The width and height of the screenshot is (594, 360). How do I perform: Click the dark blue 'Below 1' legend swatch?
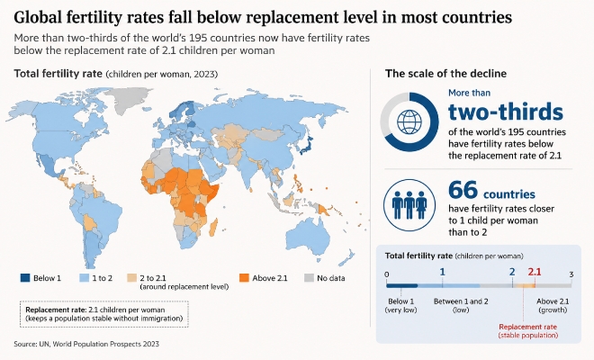pos(24,278)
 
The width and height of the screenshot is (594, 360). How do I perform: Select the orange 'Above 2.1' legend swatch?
pos(244,278)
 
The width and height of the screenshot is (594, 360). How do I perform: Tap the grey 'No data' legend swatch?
pos(309,278)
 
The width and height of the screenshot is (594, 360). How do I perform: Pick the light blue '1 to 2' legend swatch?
pos(84,278)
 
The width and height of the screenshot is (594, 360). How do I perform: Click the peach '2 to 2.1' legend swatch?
pos(131,278)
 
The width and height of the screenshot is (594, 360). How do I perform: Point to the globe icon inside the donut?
pos(409,122)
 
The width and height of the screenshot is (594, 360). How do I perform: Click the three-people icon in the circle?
pos(409,204)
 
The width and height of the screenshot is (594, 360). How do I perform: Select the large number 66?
pos(463,190)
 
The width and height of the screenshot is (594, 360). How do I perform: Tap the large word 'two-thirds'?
pos(506,112)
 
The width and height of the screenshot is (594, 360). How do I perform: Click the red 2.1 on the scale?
pos(535,272)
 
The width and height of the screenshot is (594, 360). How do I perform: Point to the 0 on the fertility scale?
pos(386,274)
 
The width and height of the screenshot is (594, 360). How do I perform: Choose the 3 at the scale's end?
pos(571,274)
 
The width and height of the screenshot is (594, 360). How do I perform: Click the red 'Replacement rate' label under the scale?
pos(527,327)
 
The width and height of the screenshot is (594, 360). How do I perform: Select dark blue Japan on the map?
pos(307,145)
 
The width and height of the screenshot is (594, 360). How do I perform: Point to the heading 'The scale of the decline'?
pos(445,73)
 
